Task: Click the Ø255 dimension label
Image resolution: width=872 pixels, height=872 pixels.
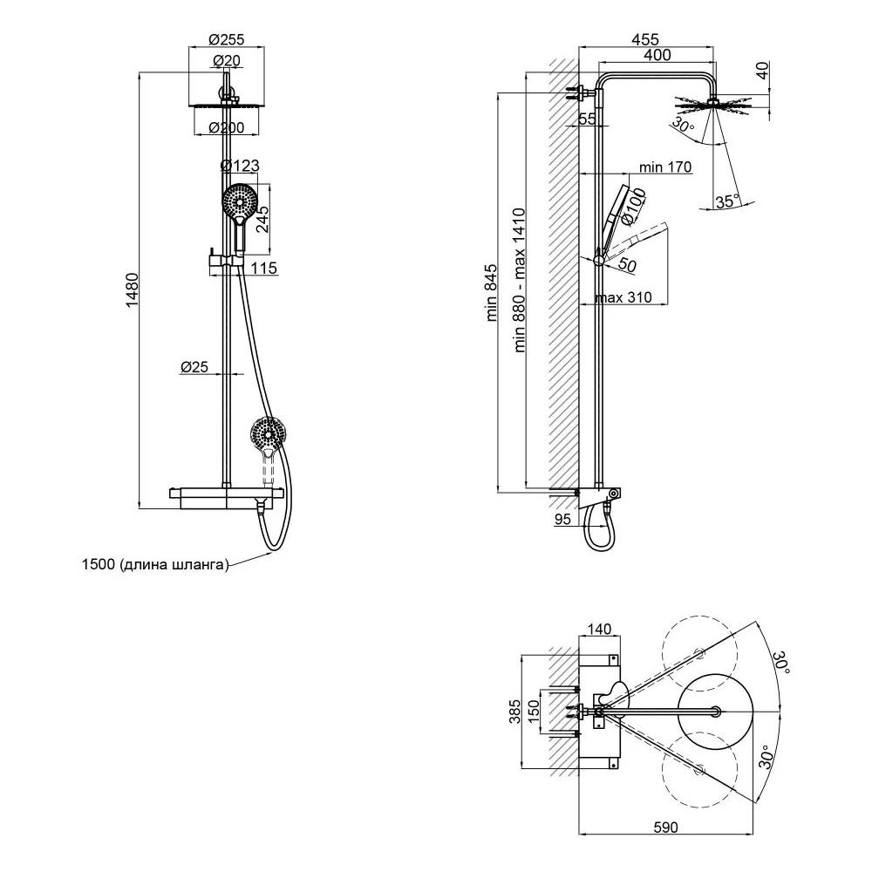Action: pyautogui.click(x=227, y=39)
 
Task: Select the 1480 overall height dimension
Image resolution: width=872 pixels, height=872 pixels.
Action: pyautogui.click(x=132, y=290)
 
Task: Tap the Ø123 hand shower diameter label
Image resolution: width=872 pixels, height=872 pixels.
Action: pyautogui.click(x=240, y=165)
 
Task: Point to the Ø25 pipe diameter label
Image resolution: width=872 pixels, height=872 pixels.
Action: pyautogui.click(x=194, y=366)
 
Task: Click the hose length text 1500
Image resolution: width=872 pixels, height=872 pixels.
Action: pyautogui.click(x=99, y=564)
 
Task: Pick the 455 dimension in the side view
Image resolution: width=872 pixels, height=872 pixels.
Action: pyautogui.click(x=645, y=39)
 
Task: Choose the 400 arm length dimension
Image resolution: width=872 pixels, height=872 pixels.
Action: pyautogui.click(x=657, y=55)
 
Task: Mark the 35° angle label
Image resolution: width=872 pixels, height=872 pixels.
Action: pyautogui.click(x=728, y=201)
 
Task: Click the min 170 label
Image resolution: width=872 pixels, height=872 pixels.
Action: pyautogui.click(x=665, y=167)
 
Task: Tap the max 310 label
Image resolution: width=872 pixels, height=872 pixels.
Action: pyautogui.click(x=623, y=297)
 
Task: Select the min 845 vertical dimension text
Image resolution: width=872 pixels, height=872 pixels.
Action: pyautogui.click(x=492, y=293)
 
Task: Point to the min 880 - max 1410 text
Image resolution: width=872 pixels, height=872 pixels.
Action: pyautogui.click(x=520, y=280)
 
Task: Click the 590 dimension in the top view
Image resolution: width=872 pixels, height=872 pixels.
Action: pyautogui.click(x=665, y=828)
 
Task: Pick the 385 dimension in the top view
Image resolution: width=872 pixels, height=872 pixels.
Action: pyautogui.click(x=515, y=712)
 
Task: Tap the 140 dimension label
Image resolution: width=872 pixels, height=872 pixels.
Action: pyautogui.click(x=599, y=629)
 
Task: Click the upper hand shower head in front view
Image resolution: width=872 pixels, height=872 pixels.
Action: pyautogui.click(x=240, y=201)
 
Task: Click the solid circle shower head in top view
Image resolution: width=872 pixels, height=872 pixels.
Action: pyautogui.click(x=716, y=711)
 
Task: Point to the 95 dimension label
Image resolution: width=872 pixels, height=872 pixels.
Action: pyautogui.click(x=562, y=519)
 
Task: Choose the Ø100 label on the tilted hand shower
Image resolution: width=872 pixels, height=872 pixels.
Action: pyautogui.click(x=634, y=207)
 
